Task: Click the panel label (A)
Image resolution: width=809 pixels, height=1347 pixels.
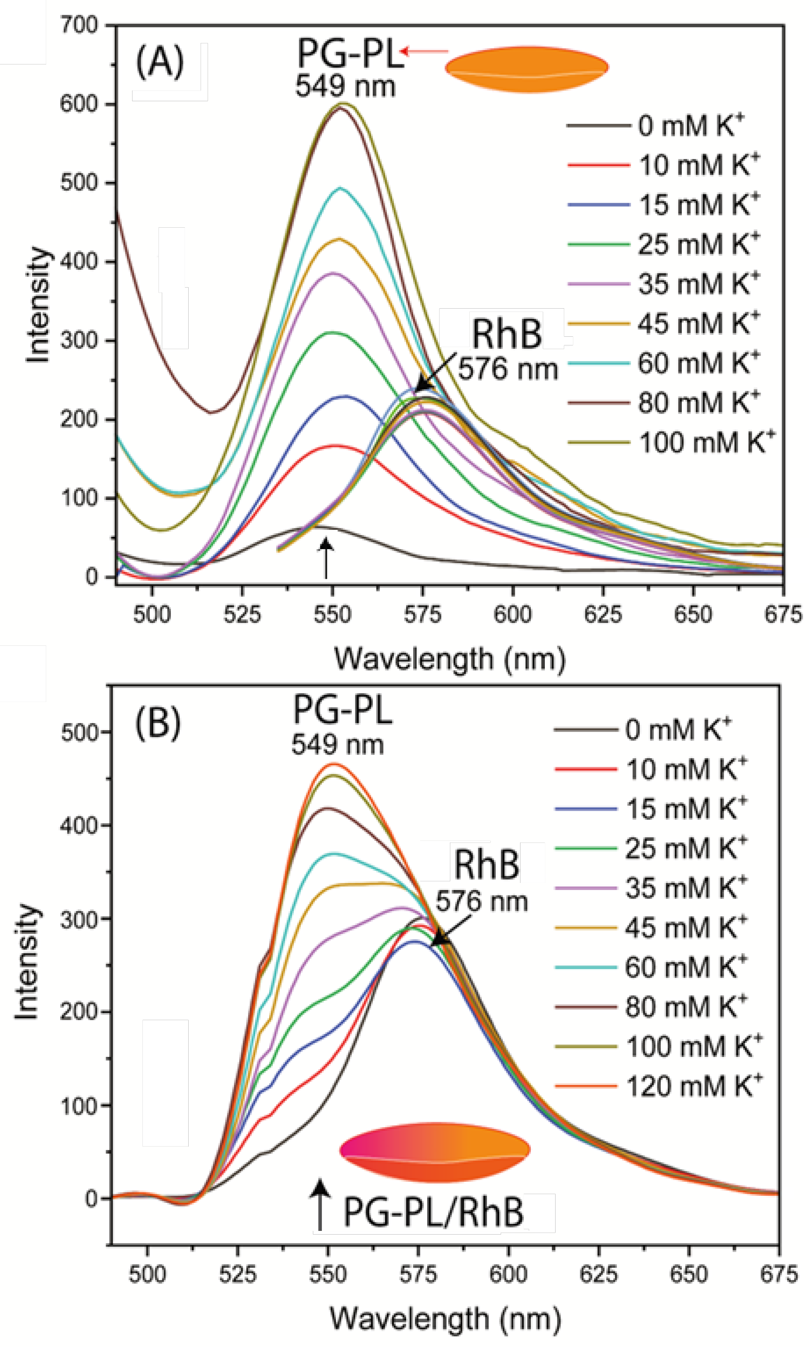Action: (x=160, y=63)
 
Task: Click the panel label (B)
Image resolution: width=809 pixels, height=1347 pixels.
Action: (x=158, y=724)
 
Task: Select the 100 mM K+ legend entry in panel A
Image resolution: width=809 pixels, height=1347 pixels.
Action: (x=705, y=442)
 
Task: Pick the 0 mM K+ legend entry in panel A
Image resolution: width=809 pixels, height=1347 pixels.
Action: (x=690, y=126)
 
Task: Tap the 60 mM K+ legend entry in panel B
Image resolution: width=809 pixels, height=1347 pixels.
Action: (x=685, y=967)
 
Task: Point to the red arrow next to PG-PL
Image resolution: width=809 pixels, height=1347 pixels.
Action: (x=424, y=52)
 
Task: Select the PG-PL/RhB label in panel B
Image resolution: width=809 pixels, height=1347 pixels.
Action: (x=433, y=1212)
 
